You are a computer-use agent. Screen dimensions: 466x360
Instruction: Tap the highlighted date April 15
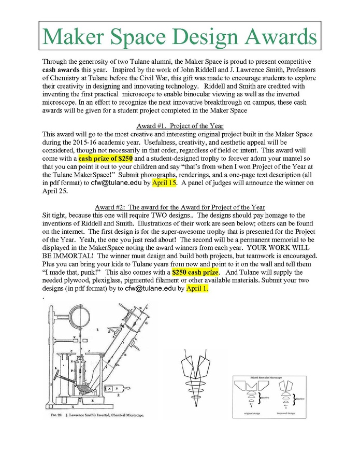point(165,182)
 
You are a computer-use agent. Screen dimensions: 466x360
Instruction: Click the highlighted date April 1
point(197,288)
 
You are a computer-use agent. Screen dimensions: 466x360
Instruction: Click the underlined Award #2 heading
point(180,207)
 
